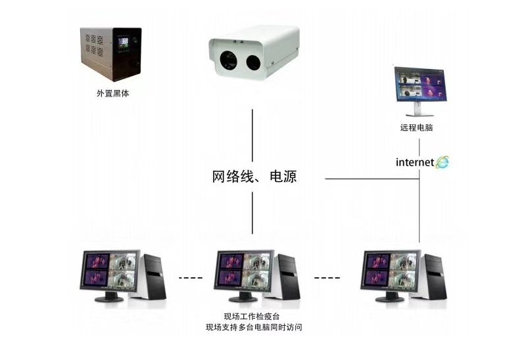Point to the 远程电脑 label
pyautogui.click(x=416, y=127)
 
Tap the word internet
pyautogui.click(x=414, y=162)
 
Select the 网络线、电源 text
pyautogui.click(x=253, y=177)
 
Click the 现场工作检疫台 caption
pyautogui.click(x=253, y=316)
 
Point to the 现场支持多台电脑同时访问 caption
pyautogui.click(x=253, y=327)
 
